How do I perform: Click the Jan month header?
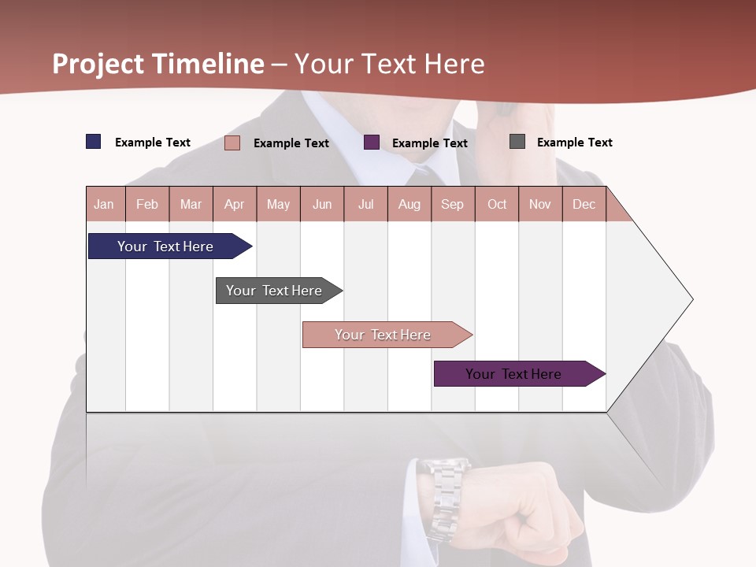(x=105, y=204)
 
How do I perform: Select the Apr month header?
(x=235, y=204)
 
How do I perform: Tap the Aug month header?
(x=409, y=204)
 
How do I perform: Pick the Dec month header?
(x=584, y=204)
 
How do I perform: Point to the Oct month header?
(x=497, y=204)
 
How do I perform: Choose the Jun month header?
(x=322, y=204)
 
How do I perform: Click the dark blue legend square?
(x=94, y=142)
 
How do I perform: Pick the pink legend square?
(x=232, y=143)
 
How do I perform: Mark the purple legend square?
(x=372, y=143)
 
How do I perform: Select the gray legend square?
(x=517, y=142)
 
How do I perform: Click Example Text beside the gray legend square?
(x=574, y=143)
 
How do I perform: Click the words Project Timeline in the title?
(x=158, y=64)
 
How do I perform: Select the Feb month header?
(x=147, y=204)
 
